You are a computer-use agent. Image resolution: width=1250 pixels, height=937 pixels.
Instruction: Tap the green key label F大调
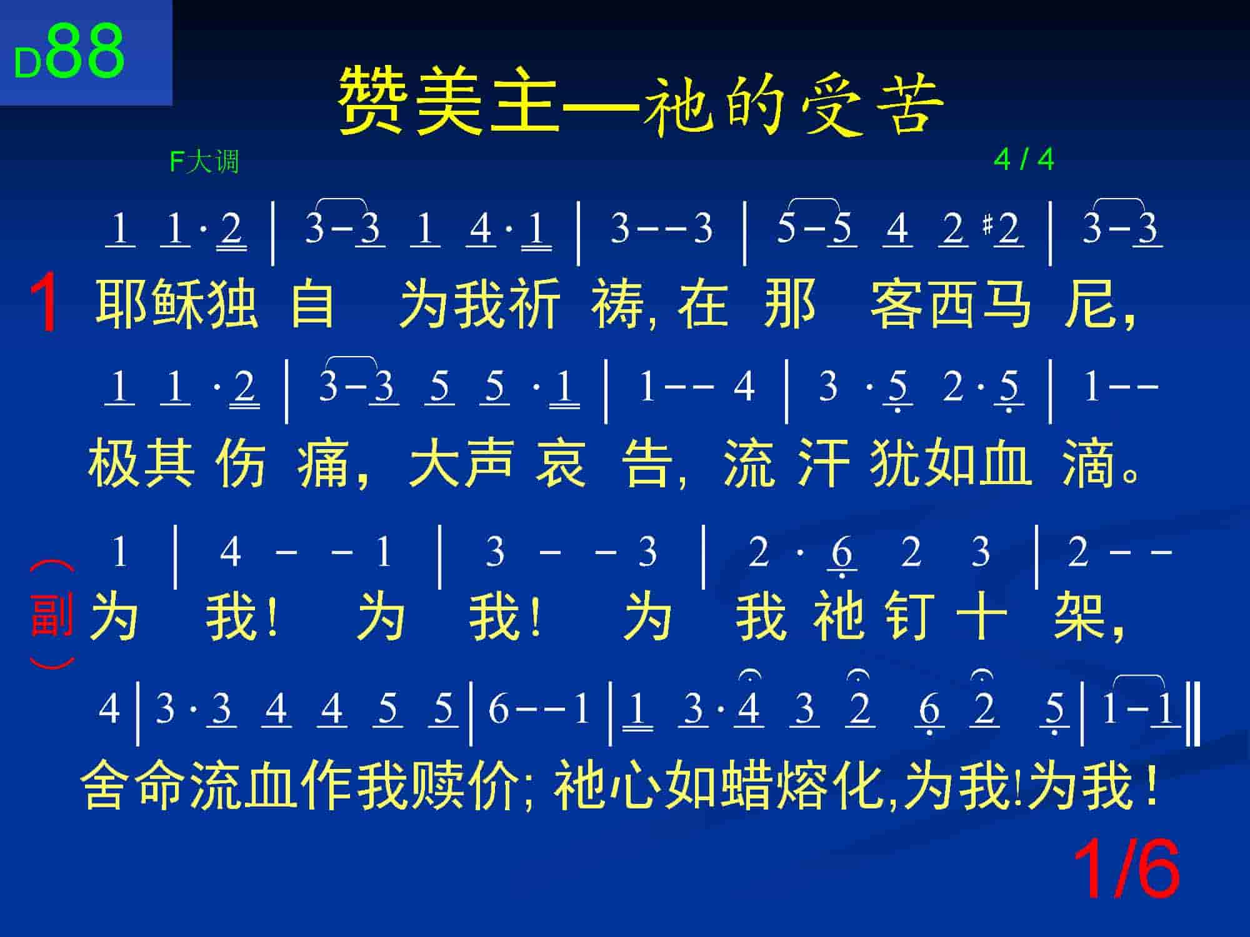coord(204,162)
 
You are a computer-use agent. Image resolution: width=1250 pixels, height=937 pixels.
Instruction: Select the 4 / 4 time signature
coord(1024,160)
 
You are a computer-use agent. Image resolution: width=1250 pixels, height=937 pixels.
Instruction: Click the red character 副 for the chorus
coord(51,615)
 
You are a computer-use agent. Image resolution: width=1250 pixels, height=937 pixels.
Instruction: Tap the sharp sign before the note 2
coord(988,224)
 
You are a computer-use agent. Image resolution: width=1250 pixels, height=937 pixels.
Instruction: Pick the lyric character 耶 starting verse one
coord(121,304)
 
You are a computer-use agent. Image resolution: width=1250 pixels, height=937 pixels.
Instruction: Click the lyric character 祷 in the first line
coord(617,304)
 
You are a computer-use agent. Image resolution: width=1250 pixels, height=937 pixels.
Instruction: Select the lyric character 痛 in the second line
coord(323,463)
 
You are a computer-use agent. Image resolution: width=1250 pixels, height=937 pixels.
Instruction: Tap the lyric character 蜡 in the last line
coord(744,785)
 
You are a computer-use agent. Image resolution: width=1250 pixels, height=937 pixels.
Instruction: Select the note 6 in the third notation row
coord(842,553)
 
